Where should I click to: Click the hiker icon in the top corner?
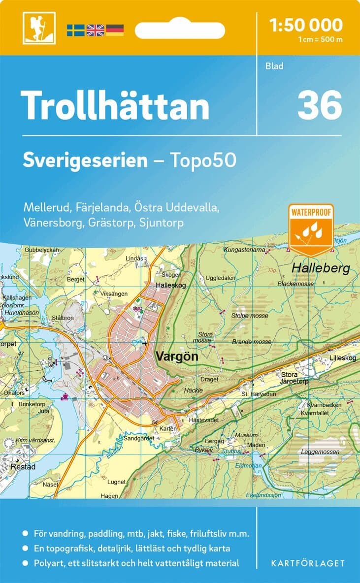[39, 28]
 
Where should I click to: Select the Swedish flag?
[76, 30]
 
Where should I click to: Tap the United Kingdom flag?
[96, 30]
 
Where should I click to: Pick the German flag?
[115, 30]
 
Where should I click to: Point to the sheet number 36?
[319, 105]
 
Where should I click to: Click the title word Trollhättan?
[115, 105]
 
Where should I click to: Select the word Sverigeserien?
[85, 160]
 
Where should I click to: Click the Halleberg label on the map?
[320, 268]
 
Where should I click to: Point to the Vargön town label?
[176, 357]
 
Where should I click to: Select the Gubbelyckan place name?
[41, 250]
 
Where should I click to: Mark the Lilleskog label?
[342, 358]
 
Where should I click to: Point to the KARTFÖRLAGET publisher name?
[308, 563]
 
